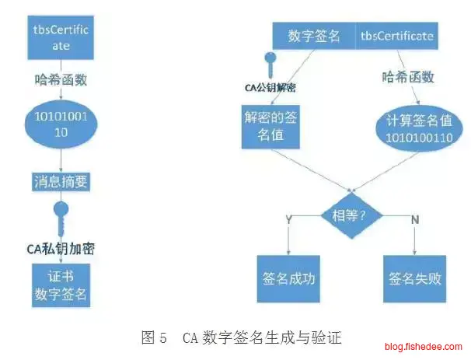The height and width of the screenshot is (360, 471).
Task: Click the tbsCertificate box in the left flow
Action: (61, 37)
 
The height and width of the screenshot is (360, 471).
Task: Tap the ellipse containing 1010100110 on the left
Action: (61, 124)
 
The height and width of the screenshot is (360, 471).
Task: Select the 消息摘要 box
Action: (61, 182)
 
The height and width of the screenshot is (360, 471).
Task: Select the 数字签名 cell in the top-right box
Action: (313, 36)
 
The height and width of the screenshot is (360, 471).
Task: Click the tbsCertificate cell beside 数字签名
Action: (397, 36)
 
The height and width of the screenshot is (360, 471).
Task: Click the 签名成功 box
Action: (289, 278)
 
